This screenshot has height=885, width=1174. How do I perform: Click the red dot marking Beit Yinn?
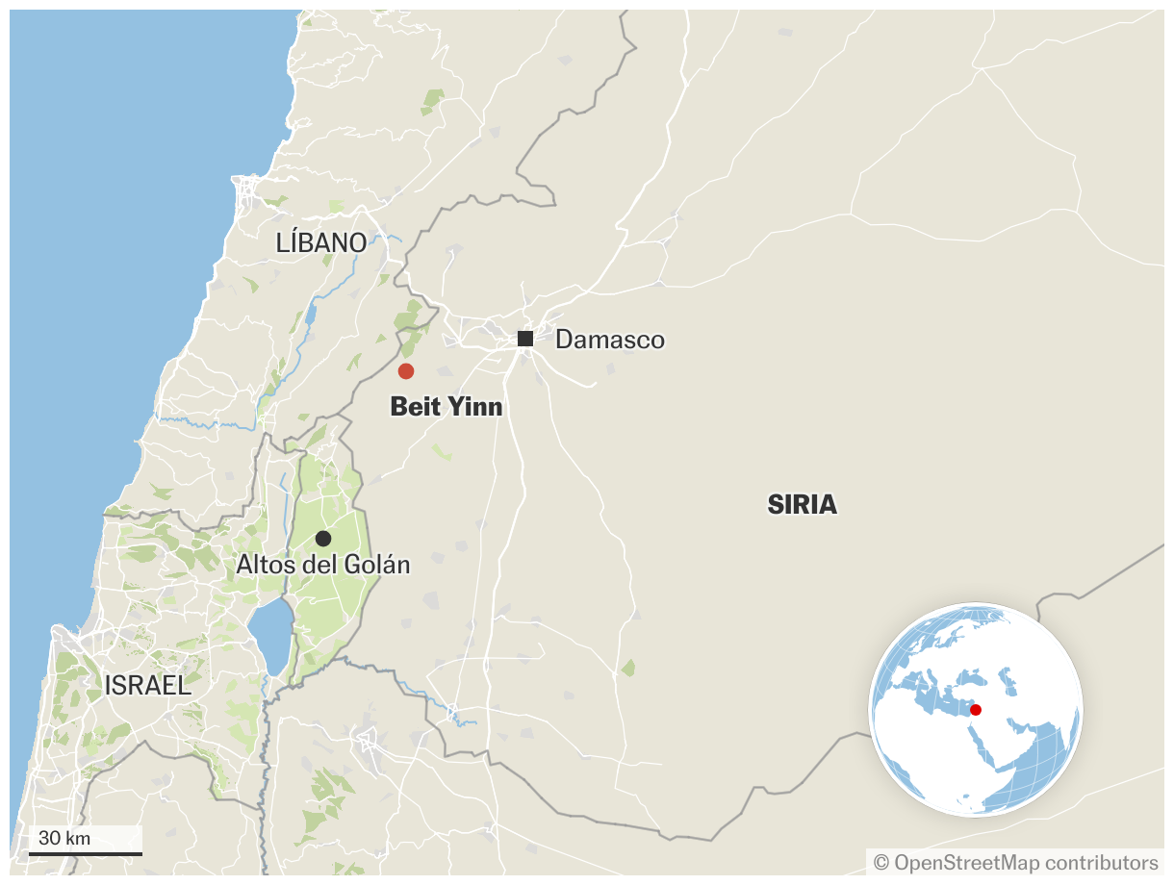point(406,371)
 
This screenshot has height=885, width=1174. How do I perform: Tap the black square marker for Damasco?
point(525,339)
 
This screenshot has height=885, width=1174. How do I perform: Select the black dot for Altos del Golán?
point(323,539)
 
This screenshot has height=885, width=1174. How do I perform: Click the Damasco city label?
point(610,340)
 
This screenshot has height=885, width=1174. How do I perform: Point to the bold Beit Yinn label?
point(447,407)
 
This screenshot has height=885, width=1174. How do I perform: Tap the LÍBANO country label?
point(321,243)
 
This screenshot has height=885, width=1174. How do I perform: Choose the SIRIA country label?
point(803,504)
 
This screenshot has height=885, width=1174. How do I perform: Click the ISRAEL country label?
point(148,686)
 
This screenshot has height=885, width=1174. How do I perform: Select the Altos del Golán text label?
point(323,565)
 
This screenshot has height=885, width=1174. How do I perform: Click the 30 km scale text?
point(64,838)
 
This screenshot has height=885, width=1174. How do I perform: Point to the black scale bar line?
point(86,853)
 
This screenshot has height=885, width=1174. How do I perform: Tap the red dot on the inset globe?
point(975,710)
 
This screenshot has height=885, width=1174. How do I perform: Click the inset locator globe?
point(975,710)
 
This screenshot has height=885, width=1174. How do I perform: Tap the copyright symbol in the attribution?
point(880,862)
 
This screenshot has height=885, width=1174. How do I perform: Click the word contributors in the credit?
point(1101,862)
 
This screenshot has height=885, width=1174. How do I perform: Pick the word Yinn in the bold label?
point(474,407)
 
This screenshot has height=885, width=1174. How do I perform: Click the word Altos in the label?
point(262,565)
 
